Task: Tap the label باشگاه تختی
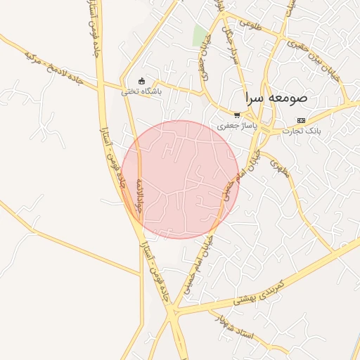[141, 91]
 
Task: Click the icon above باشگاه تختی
[141, 81]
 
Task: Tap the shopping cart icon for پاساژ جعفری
[237, 115]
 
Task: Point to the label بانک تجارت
[302, 131]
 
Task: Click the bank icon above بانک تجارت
[302, 120]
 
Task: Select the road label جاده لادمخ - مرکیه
[53, 68]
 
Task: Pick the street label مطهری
[278, 170]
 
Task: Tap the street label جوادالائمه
[140, 187]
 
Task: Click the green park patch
[200, 36]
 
